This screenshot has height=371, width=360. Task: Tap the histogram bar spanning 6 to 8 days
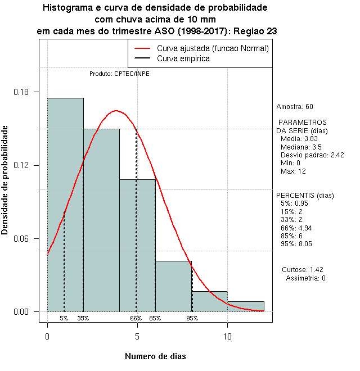point(173,286)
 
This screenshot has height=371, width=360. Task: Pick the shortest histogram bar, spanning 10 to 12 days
point(245,306)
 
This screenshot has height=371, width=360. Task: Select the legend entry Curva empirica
point(183,58)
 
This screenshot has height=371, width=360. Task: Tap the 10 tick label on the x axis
point(227,336)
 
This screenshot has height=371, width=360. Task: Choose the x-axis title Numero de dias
point(155,356)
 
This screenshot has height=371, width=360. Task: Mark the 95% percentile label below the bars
point(192,318)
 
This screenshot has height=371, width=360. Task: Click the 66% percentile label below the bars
point(136,318)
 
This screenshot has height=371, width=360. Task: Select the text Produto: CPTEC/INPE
point(119,74)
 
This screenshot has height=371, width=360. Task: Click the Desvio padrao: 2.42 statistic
point(312,155)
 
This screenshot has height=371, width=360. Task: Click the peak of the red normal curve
point(116,111)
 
